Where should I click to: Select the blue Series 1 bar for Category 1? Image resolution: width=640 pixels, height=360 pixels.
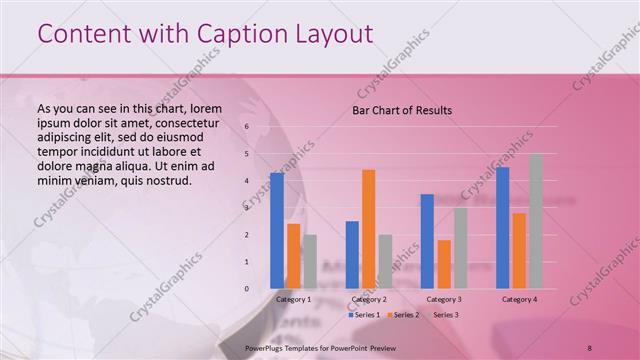[x=277, y=230]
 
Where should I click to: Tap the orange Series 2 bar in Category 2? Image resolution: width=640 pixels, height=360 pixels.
[x=368, y=229]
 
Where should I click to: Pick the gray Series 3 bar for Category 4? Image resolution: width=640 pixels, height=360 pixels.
[x=535, y=221]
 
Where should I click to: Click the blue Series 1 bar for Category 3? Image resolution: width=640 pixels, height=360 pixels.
[x=427, y=241]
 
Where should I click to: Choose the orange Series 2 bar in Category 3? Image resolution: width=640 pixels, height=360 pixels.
[x=444, y=264]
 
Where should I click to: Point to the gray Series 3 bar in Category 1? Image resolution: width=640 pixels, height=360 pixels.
[x=310, y=261]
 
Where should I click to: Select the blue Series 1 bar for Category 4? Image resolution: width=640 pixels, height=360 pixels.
[x=502, y=227]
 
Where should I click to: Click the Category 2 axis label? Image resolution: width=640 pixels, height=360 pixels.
[x=369, y=299]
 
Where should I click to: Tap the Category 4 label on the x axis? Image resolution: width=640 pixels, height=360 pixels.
[x=519, y=299]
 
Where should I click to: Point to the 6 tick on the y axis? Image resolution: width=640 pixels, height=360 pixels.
[x=247, y=127]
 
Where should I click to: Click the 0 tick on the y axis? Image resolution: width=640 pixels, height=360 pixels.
[x=247, y=289]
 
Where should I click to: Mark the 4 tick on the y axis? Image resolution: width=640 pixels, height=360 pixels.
[x=247, y=181]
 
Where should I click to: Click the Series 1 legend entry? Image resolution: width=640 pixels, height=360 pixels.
[x=365, y=315]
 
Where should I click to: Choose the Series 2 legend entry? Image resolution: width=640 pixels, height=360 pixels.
[x=403, y=315]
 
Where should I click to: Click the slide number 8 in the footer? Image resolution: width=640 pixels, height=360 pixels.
[x=590, y=348]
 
